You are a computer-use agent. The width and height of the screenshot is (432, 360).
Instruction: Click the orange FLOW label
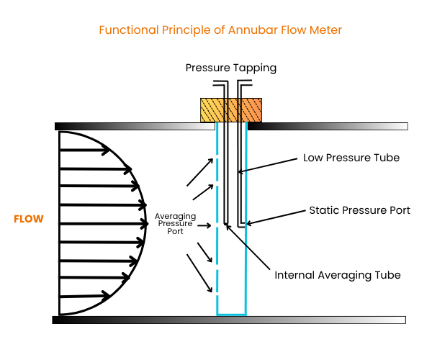29,219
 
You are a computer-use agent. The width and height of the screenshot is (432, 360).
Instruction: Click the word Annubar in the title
253,30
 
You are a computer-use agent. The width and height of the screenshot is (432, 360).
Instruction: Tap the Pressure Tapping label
230,68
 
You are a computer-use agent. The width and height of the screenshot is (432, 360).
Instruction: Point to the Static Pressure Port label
359,210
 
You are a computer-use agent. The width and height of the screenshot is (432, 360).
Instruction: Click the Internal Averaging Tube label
338,275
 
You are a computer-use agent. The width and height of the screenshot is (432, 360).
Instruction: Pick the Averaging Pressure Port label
174,223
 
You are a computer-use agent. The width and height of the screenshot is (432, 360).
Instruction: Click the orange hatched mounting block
230,110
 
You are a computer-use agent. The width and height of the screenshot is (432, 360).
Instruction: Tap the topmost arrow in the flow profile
85,150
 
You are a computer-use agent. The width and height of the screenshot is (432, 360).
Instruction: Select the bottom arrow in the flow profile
85,295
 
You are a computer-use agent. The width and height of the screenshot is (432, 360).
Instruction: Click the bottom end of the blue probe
231,315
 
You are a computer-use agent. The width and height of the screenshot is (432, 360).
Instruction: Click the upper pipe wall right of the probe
328,126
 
